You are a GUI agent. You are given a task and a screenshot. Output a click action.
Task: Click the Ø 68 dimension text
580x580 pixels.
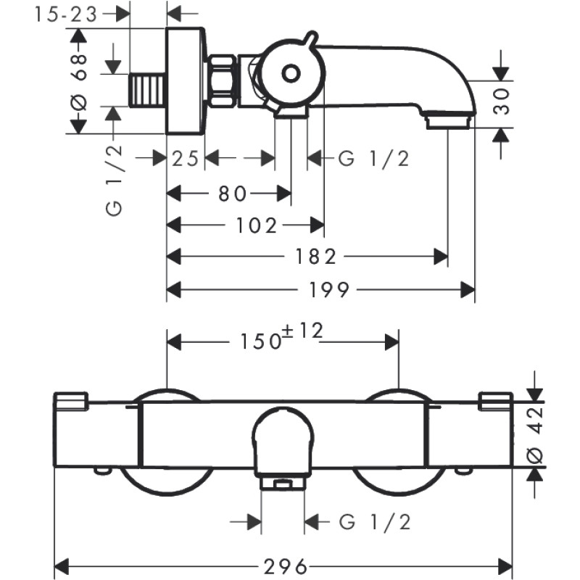(x=80, y=80)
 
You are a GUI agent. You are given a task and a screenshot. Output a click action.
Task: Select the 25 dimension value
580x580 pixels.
(x=185, y=159)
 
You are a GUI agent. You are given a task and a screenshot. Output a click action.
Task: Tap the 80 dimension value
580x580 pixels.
(x=234, y=193)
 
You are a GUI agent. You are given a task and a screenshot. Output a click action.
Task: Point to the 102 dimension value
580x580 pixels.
(x=255, y=226)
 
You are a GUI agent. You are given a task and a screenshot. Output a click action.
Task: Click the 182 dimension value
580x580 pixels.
(x=318, y=257)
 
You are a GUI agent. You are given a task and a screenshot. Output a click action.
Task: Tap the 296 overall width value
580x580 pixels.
(x=286, y=565)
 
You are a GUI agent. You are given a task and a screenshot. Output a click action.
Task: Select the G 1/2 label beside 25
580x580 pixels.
(x=373, y=159)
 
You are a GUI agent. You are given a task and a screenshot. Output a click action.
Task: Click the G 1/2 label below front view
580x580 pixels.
(x=374, y=521)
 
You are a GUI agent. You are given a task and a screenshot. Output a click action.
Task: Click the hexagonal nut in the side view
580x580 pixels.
(x=222, y=80)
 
